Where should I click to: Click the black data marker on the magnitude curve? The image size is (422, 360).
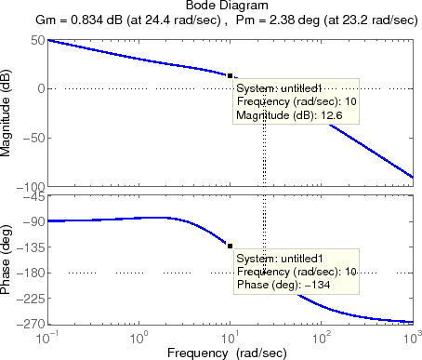click(230, 75)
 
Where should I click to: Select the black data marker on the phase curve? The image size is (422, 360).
click(230, 245)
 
